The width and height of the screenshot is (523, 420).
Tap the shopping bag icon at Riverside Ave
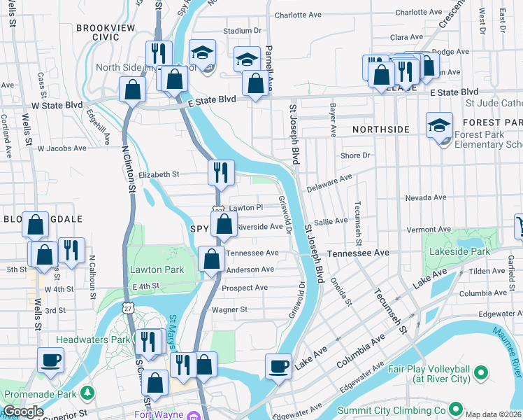[224, 225]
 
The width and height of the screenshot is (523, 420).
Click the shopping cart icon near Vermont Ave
[519, 225]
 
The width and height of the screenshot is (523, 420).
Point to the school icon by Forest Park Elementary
[438, 125]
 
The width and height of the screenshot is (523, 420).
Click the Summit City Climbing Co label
[392, 410]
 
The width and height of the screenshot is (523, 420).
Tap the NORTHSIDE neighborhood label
[380, 129]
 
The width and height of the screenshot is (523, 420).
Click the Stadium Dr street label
[242, 31]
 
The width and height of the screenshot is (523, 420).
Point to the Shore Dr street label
[354, 155]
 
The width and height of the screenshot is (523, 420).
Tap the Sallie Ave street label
[331, 220]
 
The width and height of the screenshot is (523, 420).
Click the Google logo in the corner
[22, 412]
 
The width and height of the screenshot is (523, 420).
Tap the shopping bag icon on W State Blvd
[131, 90]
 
